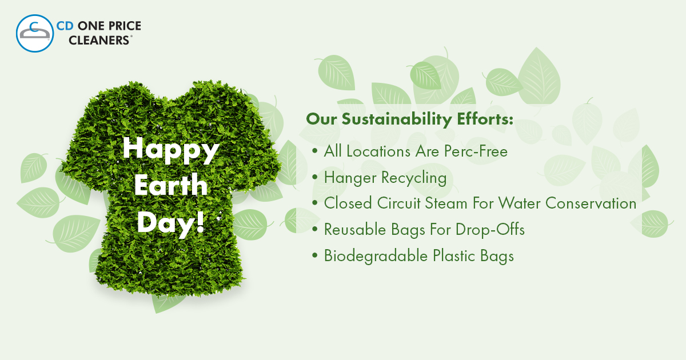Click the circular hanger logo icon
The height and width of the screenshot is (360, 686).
pos(35,33)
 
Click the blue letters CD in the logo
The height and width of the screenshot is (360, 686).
pos(65,26)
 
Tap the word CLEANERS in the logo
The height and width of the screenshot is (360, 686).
pos(99,40)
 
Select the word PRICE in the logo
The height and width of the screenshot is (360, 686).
pos(125,26)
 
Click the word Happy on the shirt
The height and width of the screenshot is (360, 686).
pos(171,150)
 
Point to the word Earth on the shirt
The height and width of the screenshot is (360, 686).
pos(171,185)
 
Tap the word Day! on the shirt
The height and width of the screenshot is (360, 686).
pos(171,222)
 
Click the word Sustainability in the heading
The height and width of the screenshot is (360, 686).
pos(397,119)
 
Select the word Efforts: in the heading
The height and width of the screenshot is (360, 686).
pos(485,119)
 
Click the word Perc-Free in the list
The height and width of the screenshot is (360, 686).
pos(476,151)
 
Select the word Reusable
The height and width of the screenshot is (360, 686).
pos(355,230)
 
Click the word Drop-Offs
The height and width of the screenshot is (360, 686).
pos(490,230)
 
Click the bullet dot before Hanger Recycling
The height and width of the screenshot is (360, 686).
pos(315,177)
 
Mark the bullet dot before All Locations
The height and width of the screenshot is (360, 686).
pos(315,151)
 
